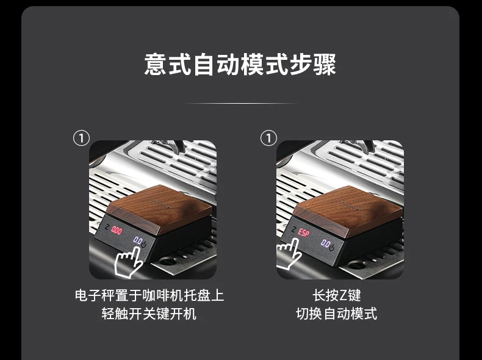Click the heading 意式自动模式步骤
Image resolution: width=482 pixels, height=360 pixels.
coord(240,65)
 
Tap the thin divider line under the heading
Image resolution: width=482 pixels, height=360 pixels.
coord(241,103)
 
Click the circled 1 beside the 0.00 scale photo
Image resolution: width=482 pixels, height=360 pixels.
coord(82,138)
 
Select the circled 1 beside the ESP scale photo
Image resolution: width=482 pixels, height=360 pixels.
coord(268,138)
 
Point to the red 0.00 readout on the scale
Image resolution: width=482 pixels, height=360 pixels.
coord(117,230)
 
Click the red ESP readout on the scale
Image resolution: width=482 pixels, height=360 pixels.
coord(304,232)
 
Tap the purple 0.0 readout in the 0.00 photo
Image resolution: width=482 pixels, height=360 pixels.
coord(137,240)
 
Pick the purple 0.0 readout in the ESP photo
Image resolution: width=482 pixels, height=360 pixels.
coord(325,244)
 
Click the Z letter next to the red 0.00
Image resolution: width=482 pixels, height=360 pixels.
coord(107,228)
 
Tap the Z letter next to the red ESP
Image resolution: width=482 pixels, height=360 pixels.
coord(294,229)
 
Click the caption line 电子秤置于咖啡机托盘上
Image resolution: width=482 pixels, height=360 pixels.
coord(149,295)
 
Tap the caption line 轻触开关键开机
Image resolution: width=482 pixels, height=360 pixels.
coord(149,314)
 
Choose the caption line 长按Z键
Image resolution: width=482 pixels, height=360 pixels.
coord(337,295)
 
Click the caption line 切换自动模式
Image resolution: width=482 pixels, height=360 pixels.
coord(337,314)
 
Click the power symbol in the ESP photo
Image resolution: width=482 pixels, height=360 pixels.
coord(332,247)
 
